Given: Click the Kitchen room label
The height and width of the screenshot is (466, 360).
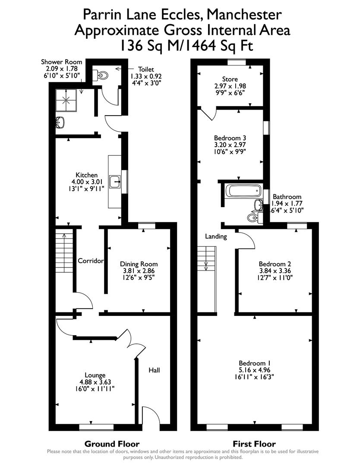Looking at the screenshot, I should [87, 175].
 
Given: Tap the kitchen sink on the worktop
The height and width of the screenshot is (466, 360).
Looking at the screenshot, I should [115, 182].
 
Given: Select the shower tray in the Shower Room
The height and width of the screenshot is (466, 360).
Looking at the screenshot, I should [67, 100].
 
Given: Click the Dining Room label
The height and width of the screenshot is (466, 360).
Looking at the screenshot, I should [139, 264].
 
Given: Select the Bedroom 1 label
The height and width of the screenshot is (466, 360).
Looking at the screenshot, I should [254, 363].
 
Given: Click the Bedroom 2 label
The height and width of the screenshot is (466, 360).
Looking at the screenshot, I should [272, 264].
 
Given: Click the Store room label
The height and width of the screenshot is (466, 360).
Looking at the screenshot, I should [230, 79].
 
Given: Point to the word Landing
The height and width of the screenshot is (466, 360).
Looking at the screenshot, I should [216, 236].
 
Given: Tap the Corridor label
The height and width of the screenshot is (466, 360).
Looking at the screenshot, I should [91, 261].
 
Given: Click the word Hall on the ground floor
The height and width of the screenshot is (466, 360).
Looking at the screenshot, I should [154, 370].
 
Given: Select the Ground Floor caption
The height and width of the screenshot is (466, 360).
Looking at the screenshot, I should [112, 444].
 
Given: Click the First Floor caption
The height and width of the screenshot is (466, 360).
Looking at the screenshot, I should [254, 444].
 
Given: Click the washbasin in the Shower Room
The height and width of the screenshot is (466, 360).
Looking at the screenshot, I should [60, 122].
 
